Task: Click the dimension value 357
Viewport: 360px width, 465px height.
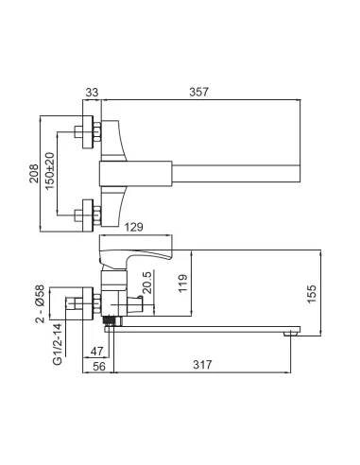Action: pyautogui.click(x=198, y=92)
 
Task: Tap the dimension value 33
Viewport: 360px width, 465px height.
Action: pyautogui.click(x=92, y=93)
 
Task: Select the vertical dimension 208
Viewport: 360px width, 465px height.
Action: pyautogui.click(x=34, y=173)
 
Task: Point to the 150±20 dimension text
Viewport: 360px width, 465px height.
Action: pyautogui.click(x=49, y=171)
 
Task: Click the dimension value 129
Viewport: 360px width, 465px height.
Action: pyautogui.click(x=134, y=227)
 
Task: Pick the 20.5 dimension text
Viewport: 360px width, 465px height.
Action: pyautogui.click(x=147, y=283)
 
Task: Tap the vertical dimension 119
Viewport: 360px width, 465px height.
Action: pyautogui.click(x=182, y=284)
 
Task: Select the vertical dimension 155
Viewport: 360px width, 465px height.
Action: pyautogui.click(x=312, y=294)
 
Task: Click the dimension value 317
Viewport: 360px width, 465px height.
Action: pyautogui.click(x=202, y=365)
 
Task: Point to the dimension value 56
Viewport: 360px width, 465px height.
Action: pyautogui.click(x=99, y=367)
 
